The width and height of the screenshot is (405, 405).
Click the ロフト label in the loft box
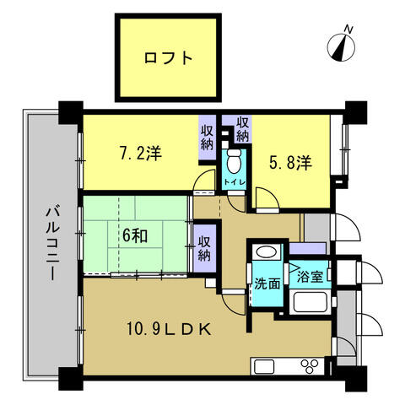pyautogui.click(x=168, y=58)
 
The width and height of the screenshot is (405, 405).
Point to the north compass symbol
pyautogui.click(x=342, y=46)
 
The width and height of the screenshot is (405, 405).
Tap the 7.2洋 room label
pyautogui.click(x=141, y=154)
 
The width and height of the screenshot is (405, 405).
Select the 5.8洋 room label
pyautogui.click(x=290, y=163)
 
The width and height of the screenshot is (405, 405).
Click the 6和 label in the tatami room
pyautogui.click(x=135, y=235)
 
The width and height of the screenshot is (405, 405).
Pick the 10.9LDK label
pyautogui.click(x=169, y=329)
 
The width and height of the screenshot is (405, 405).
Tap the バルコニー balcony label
pyautogui.click(x=53, y=244)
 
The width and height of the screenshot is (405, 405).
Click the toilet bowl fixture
pyautogui.click(x=234, y=160)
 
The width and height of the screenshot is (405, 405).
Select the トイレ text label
pyautogui.click(x=234, y=182)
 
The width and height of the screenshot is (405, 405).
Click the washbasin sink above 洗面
pyautogui.click(x=267, y=251)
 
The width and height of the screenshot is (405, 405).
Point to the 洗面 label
pyautogui.click(x=267, y=283)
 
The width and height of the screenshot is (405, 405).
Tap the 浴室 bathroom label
pyautogui.click(x=310, y=277)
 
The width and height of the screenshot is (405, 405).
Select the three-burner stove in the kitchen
pyautogui.click(x=310, y=366)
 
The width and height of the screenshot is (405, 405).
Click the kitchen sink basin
pyautogui.click(x=264, y=366)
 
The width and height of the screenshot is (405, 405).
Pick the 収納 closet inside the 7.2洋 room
pyautogui.click(x=208, y=138)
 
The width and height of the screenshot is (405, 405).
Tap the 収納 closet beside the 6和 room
pyautogui.click(x=204, y=248)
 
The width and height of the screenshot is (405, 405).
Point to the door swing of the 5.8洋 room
pyautogui.click(x=267, y=199)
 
